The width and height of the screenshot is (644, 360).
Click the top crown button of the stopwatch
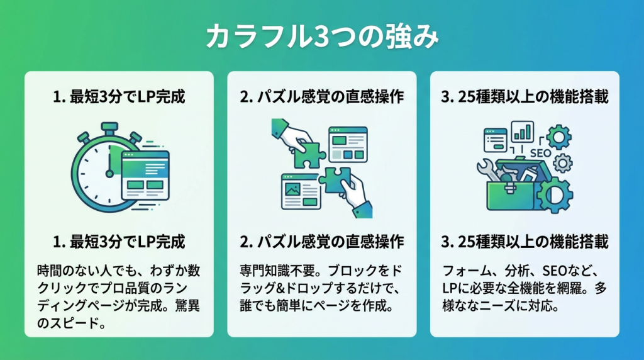pyautogui.click(x=109, y=127)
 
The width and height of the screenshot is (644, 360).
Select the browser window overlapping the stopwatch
pyautogui.click(x=145, y=176)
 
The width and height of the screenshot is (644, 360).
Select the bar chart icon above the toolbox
pyautogui.click(x=523, y=131)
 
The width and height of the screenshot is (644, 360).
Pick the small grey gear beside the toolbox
pyautogui.click(x=564, y=163)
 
